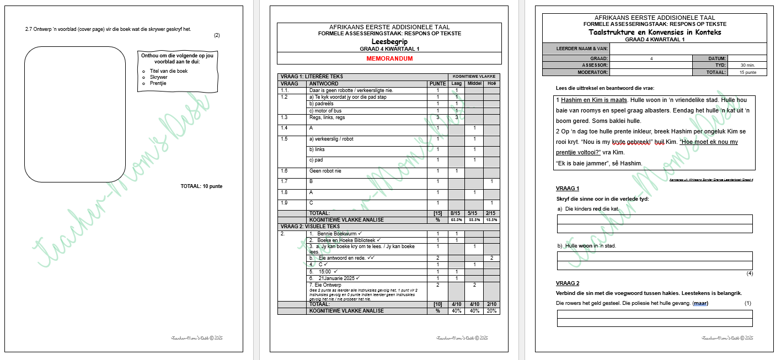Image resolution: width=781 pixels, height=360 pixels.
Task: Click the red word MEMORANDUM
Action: point(389,58)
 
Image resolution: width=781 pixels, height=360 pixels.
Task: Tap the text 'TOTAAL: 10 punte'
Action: point(201,186)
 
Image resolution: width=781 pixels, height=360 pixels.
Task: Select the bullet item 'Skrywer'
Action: point(159,77)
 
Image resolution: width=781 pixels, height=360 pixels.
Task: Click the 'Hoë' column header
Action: point(491,83)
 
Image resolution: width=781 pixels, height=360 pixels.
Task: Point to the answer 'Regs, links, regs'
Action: point(327,117)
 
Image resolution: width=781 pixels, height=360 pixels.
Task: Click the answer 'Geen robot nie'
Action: point(325,171)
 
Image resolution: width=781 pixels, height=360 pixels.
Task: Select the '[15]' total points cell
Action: point(437,213)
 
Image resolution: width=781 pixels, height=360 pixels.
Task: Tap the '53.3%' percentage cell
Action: point(456,219)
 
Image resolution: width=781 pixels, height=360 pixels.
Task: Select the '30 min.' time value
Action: point(747,65)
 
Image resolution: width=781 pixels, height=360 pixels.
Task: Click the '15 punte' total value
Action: point(747,72)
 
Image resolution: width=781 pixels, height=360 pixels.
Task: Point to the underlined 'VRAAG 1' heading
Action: point(568,189)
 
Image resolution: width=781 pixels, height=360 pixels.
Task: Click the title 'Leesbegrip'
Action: point(389,41)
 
